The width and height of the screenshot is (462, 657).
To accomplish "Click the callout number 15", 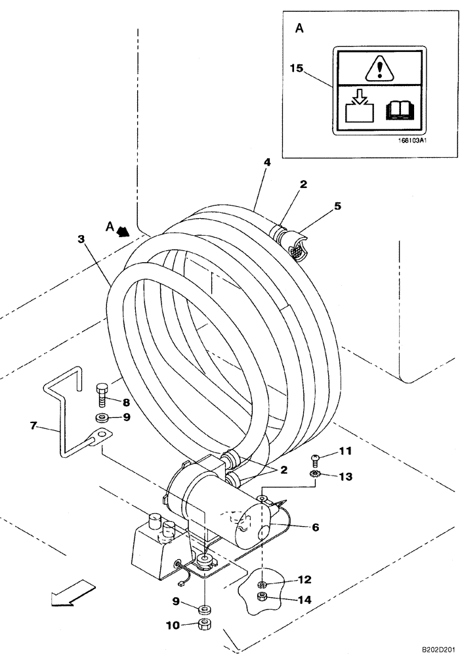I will tap(297, 67).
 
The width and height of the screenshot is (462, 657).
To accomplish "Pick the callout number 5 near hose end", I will tap(337, 206).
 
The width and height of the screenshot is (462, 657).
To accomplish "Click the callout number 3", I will tap(81, 240).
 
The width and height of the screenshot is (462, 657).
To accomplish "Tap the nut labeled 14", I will tap(262, 597).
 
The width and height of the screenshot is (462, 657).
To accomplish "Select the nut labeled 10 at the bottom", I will tap(205, 623).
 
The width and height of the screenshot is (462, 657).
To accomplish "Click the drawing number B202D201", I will tap(432, 648).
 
